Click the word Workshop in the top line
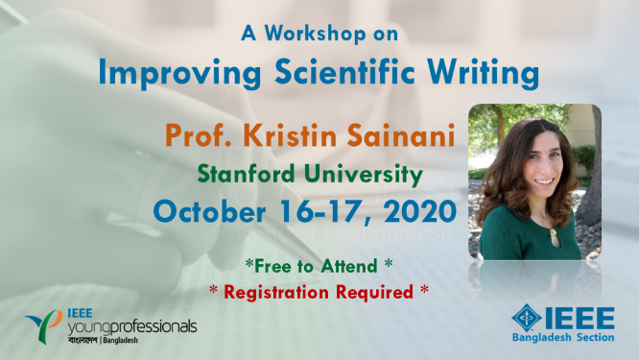[315, 34]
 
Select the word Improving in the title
[179, 73]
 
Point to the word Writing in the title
[483, 73]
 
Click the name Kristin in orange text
[291, 135]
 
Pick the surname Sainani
[401, 135]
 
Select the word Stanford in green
[247, 174]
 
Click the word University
[364, 176]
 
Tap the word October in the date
[209, 211]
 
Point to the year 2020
[420, 211]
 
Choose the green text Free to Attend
[316, 266]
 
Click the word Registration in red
[276, 293]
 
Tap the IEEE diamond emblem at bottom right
[527, 318]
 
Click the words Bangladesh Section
[563, 338]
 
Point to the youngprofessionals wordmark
[132, 327]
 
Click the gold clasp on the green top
[553, 234]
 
